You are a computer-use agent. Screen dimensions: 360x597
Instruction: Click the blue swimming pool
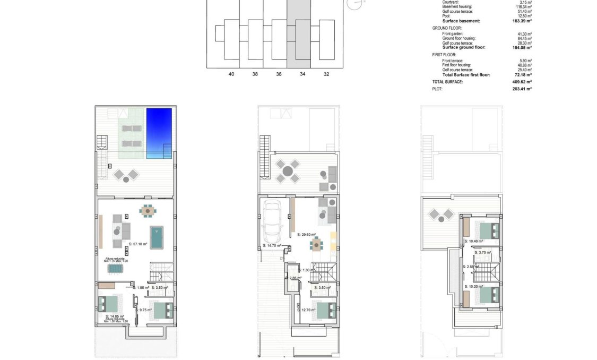click(x=159, y=133)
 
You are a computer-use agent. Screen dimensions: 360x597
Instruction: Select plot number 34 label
click(x=302, y=74)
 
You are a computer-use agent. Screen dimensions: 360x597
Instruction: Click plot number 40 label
click(x=231, y=74)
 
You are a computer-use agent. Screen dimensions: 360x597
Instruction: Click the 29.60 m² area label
click(x=306, y=234)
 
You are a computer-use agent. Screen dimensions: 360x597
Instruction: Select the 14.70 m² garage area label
click(x=272, y=246)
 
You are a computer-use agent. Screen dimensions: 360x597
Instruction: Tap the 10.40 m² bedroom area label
click(x=474, y=241)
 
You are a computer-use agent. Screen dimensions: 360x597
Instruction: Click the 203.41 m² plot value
click(x=523, y=89)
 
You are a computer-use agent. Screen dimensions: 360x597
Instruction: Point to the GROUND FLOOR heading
click(x=447, y=28)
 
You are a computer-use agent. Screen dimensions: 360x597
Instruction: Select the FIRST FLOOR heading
click(x=445, y=55)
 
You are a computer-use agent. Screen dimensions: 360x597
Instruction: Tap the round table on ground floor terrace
click(x=287, y=171)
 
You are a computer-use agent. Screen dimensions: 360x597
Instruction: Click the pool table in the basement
click(x=157, y=237)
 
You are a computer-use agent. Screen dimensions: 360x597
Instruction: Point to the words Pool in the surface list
click(x=447, y=16)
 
